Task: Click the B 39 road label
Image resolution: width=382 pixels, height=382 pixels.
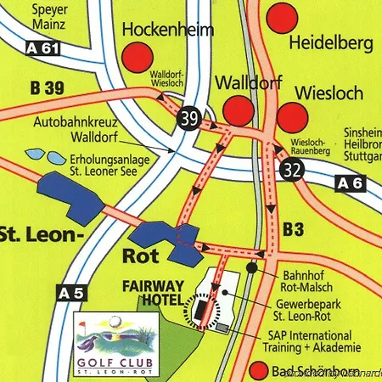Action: click(47, 87)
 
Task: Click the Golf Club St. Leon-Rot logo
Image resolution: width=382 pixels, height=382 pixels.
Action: click(115, 344)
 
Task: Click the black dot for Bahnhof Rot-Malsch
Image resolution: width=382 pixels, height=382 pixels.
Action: click(252, 267)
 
